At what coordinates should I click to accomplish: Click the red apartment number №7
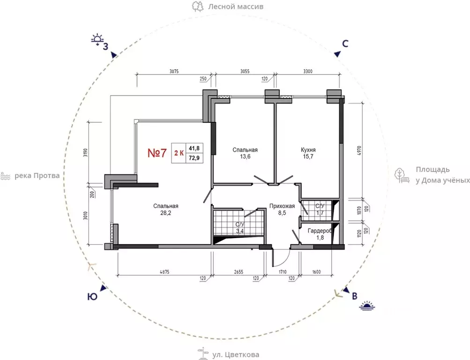coord(157,153)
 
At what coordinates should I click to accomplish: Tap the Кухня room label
coord(308,150)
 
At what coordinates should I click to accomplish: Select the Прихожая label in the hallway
coord(282,206)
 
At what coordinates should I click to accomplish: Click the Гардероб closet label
coord(320,231)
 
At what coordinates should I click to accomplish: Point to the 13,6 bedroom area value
coord(245,157)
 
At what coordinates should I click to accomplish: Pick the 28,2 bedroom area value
coord(166,213)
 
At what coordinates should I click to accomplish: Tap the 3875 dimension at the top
coord(174,71)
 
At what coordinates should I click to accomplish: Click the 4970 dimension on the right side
coord(360,151)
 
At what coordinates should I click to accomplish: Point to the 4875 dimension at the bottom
coord(164,272)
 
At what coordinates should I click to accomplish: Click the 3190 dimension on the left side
coord(85,153)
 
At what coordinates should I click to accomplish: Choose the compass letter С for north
coord(345,44)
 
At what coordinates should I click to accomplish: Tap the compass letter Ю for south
coord(93,297)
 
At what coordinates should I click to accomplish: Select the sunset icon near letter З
coord(97,39)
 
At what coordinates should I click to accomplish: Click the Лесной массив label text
coord(236,6)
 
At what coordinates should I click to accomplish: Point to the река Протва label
coord(37,176)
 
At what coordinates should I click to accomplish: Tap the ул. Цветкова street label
coord(236,355)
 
